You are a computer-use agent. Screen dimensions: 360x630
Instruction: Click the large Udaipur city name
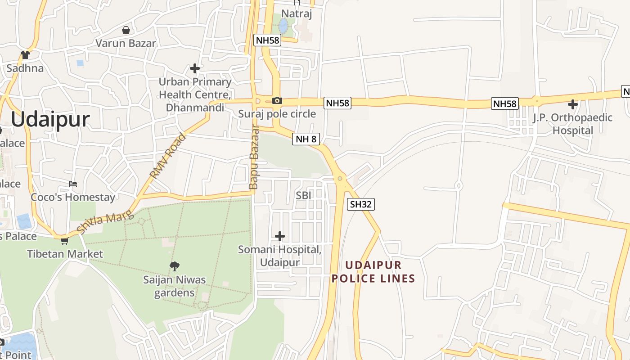click(50, 120)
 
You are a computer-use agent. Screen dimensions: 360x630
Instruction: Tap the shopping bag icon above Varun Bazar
click(126, 30)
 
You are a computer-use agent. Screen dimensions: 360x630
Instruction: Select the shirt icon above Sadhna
click(25, 55)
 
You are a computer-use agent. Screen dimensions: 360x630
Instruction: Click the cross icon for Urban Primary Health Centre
click(195, 68)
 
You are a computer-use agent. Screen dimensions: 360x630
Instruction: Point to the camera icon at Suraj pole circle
click(277, 101)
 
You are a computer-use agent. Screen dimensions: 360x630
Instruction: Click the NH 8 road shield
click(306, 139)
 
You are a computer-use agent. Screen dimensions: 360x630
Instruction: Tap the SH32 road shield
click(361, 204)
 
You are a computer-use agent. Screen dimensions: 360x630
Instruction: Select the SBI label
click(303, 195)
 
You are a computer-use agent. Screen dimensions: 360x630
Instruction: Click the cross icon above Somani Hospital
click(280, 236)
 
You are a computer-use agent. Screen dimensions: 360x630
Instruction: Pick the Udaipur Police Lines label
click(373, 271)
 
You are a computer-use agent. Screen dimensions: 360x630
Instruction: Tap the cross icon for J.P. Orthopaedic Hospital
click(572, 105)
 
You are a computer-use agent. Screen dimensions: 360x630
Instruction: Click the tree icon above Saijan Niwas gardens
click(175, 266)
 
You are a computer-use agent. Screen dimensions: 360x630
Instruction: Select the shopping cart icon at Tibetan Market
click(64, 241)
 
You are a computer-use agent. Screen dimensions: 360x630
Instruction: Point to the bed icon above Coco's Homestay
click(73, 184)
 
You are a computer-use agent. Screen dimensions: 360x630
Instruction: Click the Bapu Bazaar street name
click(254, 157)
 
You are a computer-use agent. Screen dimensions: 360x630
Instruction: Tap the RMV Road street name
click(167, 156)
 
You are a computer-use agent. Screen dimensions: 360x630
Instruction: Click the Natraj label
click(297, 13)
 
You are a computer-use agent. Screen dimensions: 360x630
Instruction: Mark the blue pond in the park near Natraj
click(283, 26)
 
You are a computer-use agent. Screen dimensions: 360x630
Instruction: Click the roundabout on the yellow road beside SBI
click(340, 179)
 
